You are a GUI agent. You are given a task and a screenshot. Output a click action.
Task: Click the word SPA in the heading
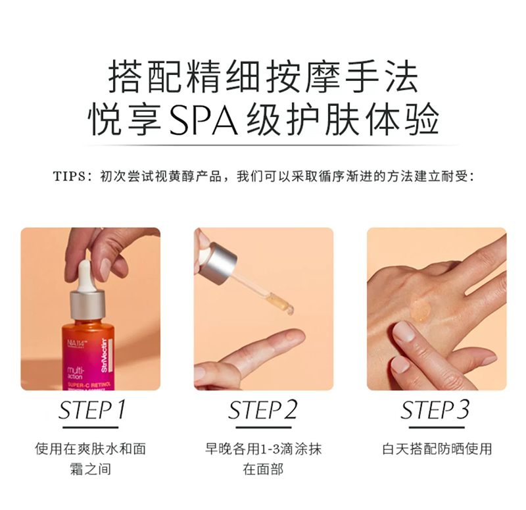(203, 120)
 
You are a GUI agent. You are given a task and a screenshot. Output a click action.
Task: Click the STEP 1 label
(91, 410)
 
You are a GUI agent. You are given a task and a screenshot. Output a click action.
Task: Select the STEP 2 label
(262, 410)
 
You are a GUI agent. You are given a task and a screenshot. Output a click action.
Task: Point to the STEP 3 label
(435, 410)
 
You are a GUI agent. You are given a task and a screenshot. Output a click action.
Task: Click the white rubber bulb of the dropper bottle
(85, 276)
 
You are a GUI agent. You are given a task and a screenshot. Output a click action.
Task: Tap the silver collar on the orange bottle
(88, 305)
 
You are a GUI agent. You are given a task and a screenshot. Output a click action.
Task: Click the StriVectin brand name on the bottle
(104, 355)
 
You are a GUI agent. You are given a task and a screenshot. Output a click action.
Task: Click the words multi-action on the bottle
(75, 373)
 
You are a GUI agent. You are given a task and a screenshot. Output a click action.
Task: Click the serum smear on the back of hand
(420, 308)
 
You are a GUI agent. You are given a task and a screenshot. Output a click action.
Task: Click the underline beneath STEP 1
(91, 427)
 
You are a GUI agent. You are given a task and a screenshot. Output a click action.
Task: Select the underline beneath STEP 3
(437, 427)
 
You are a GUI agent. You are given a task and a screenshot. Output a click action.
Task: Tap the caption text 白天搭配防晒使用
(437, 449)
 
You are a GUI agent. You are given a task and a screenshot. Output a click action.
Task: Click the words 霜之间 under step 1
(91, 469)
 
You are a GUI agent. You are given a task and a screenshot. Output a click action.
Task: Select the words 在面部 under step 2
(264, 469)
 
